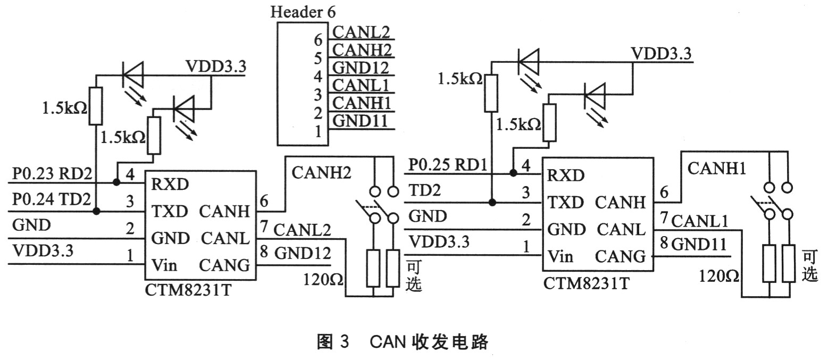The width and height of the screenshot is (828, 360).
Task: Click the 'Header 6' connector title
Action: point(303,12)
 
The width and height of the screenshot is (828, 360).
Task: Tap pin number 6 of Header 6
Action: point(318,40)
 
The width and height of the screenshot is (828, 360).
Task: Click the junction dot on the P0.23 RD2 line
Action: point(116,182)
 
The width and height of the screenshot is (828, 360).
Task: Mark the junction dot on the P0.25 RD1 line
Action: point(513,173)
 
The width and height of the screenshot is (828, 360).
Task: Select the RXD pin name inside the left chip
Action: point(170,185)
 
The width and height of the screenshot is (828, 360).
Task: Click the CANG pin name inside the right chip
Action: point(620,256)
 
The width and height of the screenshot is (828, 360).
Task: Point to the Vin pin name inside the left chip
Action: point(165,265)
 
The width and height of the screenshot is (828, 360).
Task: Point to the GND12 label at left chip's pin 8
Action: point(302,253)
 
